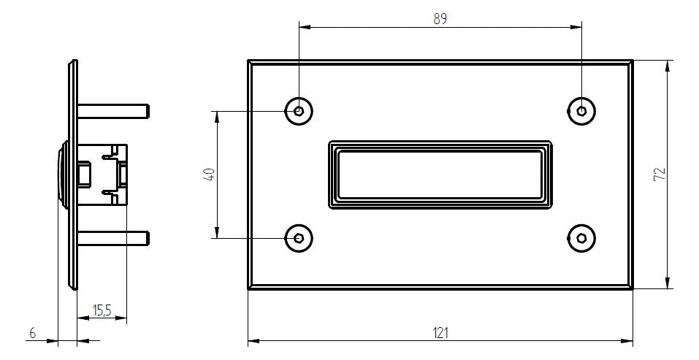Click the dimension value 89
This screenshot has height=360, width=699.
pos(440,19)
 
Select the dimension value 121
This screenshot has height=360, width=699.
pos(440,332)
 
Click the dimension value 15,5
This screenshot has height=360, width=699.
pos(102,310)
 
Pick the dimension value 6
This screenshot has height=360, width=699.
pos(32,332)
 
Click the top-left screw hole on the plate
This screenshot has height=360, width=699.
pos(299,110)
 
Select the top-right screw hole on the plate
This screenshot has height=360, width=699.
pos(581,110)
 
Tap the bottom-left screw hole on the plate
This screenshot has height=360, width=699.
pos(299,238)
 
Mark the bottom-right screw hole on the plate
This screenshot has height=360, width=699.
pos(581,238)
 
